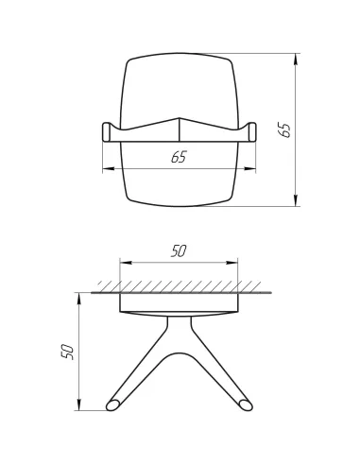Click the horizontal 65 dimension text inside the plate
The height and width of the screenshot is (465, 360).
pos(179,158)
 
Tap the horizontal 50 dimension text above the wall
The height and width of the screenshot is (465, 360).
pos(178,251)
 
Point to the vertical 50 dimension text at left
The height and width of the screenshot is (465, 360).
pos(65,351)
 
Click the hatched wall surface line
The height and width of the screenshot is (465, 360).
pos(180,292)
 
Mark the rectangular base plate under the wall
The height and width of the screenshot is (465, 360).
pos(180,302)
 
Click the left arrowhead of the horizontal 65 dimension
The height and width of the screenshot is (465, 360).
pos(105,170)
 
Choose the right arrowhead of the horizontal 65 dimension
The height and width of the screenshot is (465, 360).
pos(253,170)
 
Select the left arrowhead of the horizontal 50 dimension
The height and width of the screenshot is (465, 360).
pos(124,262)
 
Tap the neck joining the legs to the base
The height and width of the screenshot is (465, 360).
pos(180,326)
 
